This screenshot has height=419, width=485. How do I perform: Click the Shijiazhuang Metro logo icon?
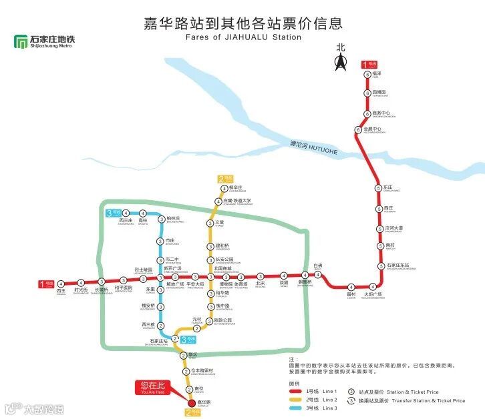tap(21, 41)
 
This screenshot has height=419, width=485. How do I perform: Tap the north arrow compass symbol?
tap(341, 61)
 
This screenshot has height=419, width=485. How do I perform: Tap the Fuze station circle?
tap(367, 74)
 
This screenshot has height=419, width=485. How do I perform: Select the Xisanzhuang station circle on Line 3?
tap(125, 214)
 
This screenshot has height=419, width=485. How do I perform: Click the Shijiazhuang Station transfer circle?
tap(174, 339)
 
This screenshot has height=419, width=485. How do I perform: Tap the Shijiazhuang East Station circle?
tap(378, 265)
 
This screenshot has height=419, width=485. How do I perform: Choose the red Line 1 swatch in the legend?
tap(295, 391)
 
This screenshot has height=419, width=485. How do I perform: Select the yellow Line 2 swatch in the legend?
tap(295, 400)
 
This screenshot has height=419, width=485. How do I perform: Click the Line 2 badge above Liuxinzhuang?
tap(226, 179)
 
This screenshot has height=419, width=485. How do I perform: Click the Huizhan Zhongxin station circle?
tap(359, 129)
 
